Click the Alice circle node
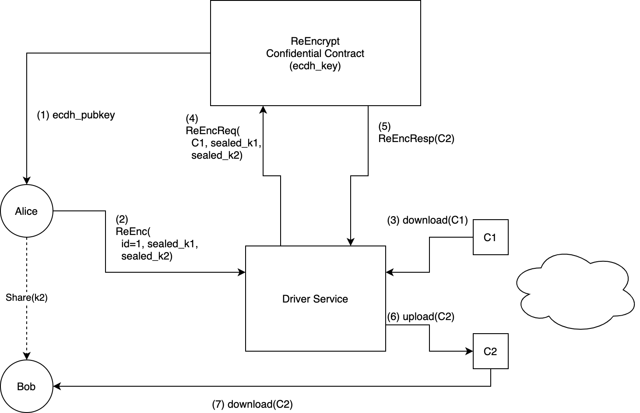click(x=26, y=211)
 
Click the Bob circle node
click(x=26, y=386)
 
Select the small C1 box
click(x=490, y=237)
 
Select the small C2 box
click(x=490, y=351)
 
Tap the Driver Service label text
click(x=315, y=299)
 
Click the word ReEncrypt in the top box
click(x=315, y=41)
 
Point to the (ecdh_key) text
click(x=315, y=66)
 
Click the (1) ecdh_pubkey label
click(x=76, y=115)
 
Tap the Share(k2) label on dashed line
click(x=26, y=298)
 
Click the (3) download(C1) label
click(x=427, y=220)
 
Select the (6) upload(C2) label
click(x=421, y=317)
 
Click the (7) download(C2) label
click(x=252, y=404)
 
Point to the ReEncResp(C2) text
click(x=416, y=139)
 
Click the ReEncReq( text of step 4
click(x=213, y=131)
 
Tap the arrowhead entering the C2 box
click(x=470, y=351)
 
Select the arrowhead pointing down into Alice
click(x=27, y=181)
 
